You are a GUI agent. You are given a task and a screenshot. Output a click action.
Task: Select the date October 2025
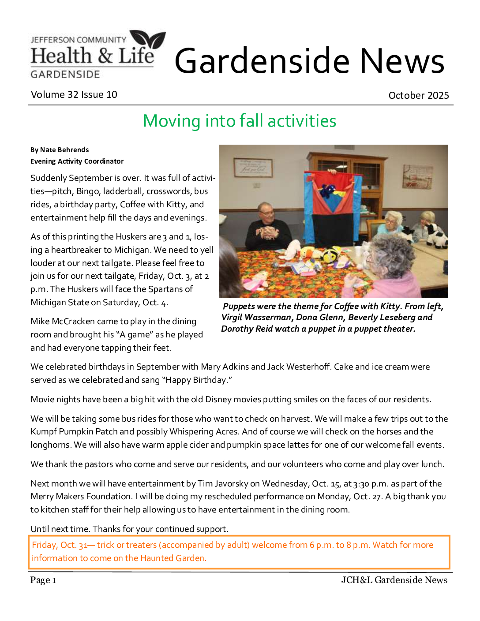[418, 95]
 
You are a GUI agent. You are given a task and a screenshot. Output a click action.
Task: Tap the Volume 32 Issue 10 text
[74, 94]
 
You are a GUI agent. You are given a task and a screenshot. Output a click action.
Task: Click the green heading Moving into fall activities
[240, 121]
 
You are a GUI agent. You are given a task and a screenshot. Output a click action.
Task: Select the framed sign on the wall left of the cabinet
[253, 168]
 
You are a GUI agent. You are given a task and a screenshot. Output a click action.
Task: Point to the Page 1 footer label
[43, 580]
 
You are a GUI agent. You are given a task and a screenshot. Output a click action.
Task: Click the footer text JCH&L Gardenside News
[394, 580]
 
